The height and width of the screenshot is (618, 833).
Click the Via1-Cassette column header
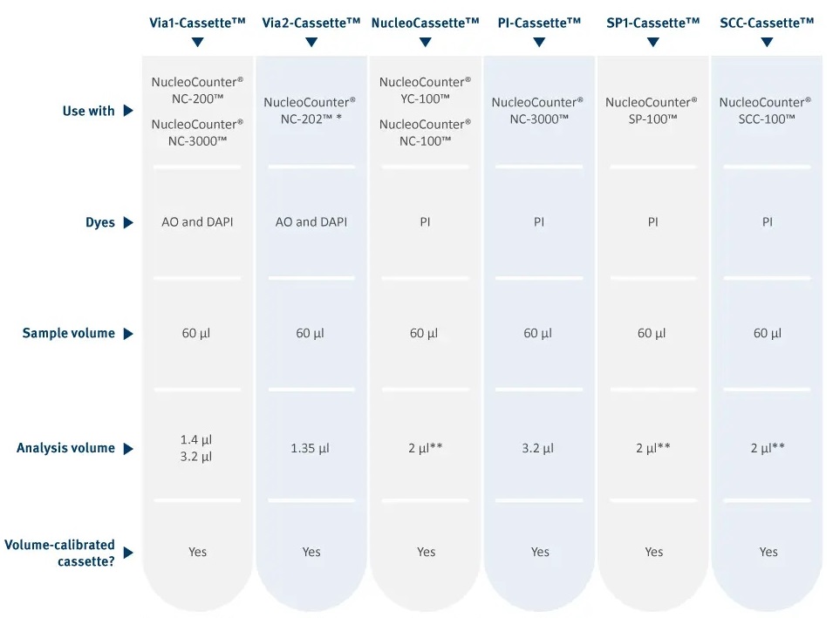(x=197, y=23)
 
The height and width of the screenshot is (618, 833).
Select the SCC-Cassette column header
(x=767, y=23)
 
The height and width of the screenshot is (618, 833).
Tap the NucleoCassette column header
(x=425, y=23)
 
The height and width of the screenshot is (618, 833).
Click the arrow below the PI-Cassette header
(x=539, y=42)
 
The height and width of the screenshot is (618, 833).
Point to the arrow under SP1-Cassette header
(x=653, y=42)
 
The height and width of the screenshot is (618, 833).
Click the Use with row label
(x=89, y=111)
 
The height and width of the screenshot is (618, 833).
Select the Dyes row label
(x=100, y=222)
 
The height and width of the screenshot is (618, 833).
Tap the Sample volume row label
(x=69, y=334)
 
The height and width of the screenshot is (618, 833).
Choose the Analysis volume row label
(x=65, y=448)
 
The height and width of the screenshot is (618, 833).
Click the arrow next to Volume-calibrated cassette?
(x=128, y=553)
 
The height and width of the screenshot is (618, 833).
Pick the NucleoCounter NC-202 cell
(x=311, y=111)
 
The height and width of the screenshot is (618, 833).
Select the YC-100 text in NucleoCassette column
(x=425, y=98)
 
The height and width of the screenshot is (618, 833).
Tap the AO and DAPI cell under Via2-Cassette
(x=311, y=222)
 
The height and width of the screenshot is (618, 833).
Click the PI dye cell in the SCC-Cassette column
(x=767, y=222)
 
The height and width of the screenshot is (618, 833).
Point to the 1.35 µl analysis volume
(x=311, y=449)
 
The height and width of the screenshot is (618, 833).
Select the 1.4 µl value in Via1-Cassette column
(x=196, y=440)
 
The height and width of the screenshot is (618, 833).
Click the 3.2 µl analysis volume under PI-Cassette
(x=537, y=449)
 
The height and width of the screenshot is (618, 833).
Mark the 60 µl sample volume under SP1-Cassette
(x=652, y=334)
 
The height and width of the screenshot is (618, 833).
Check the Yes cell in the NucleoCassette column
(x=426, y=552)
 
